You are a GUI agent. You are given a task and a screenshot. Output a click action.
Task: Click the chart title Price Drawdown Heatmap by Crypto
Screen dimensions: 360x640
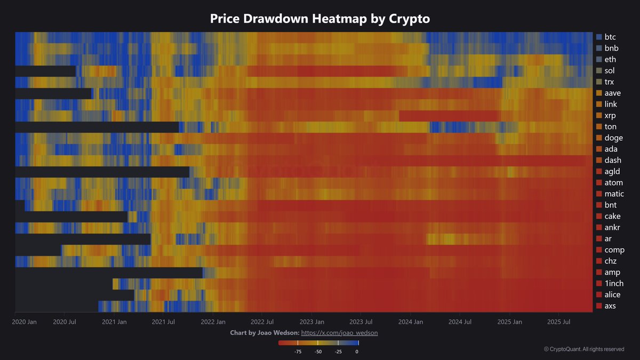[x=320, y=19]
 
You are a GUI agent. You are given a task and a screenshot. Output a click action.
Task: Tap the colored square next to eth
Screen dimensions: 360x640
[x=598, y=60]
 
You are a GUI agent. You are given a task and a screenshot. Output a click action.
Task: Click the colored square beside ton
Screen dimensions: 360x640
[x=598, y=127]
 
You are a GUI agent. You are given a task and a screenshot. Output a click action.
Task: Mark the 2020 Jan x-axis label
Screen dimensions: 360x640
[x=25, y=322]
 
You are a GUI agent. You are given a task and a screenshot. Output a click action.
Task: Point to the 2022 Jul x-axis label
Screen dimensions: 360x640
[x=262, y=322]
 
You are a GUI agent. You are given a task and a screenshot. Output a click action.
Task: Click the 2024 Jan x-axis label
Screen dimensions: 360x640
[x=411, y=322]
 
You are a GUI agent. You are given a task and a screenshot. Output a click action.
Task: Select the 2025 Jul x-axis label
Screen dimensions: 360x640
[x=559, y=322]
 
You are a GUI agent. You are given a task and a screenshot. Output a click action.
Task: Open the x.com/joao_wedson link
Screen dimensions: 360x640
[x=340, y=333]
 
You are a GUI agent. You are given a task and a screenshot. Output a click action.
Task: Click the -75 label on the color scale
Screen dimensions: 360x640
[x=298, y=352]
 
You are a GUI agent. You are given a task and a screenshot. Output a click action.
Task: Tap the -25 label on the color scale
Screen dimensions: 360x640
[x=338, y=352]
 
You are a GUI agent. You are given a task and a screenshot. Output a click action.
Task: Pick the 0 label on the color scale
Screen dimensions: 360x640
[x=357, y=352]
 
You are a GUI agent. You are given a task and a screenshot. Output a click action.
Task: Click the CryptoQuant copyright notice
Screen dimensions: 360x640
[x=584, y=349]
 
